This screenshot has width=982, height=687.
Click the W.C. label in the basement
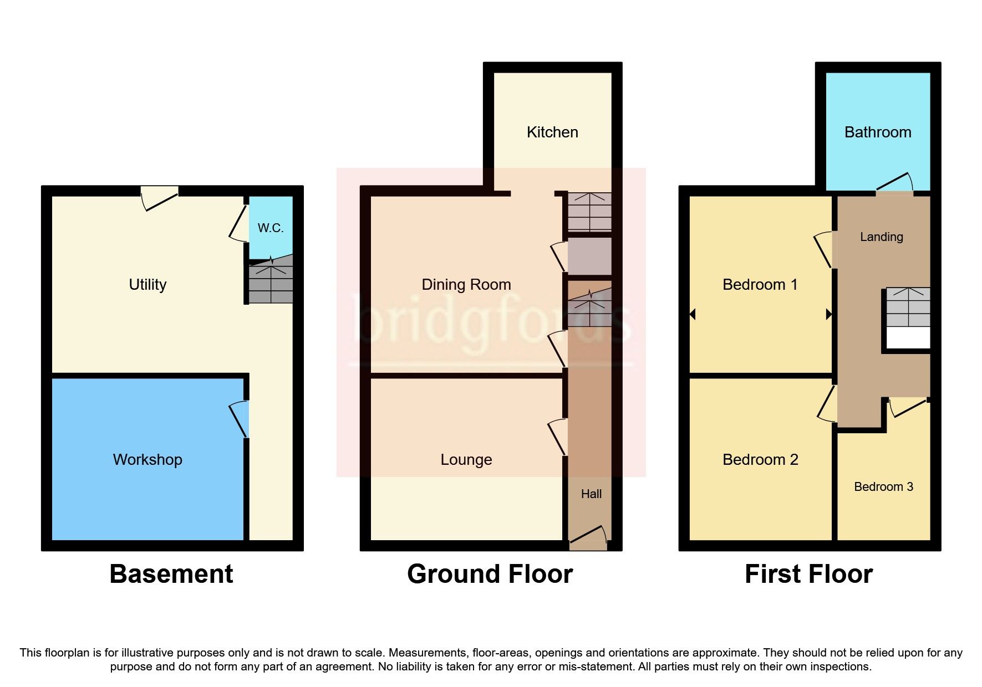point(270,228)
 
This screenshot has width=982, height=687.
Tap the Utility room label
point(147,285)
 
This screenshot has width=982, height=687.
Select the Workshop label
point(147,460)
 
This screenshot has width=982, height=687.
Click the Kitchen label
point(552,132)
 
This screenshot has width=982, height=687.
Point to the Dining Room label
point(466,285)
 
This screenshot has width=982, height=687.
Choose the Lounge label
point(466,460)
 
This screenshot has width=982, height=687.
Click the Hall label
point(591,494)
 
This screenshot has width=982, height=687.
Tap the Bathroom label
point(878,132)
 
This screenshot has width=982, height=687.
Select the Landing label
point(881,237)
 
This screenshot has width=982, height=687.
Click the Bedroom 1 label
point(760,285)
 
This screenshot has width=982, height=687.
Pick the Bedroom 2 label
point(760,460)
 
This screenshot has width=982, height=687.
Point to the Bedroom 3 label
point(883,487)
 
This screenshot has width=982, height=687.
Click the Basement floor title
point(171,574)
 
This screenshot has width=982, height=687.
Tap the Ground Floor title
point(490,574)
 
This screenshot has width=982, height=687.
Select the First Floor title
point(808,574)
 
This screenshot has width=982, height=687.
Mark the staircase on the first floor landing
point(908,307)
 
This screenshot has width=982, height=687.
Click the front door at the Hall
point(588,537)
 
